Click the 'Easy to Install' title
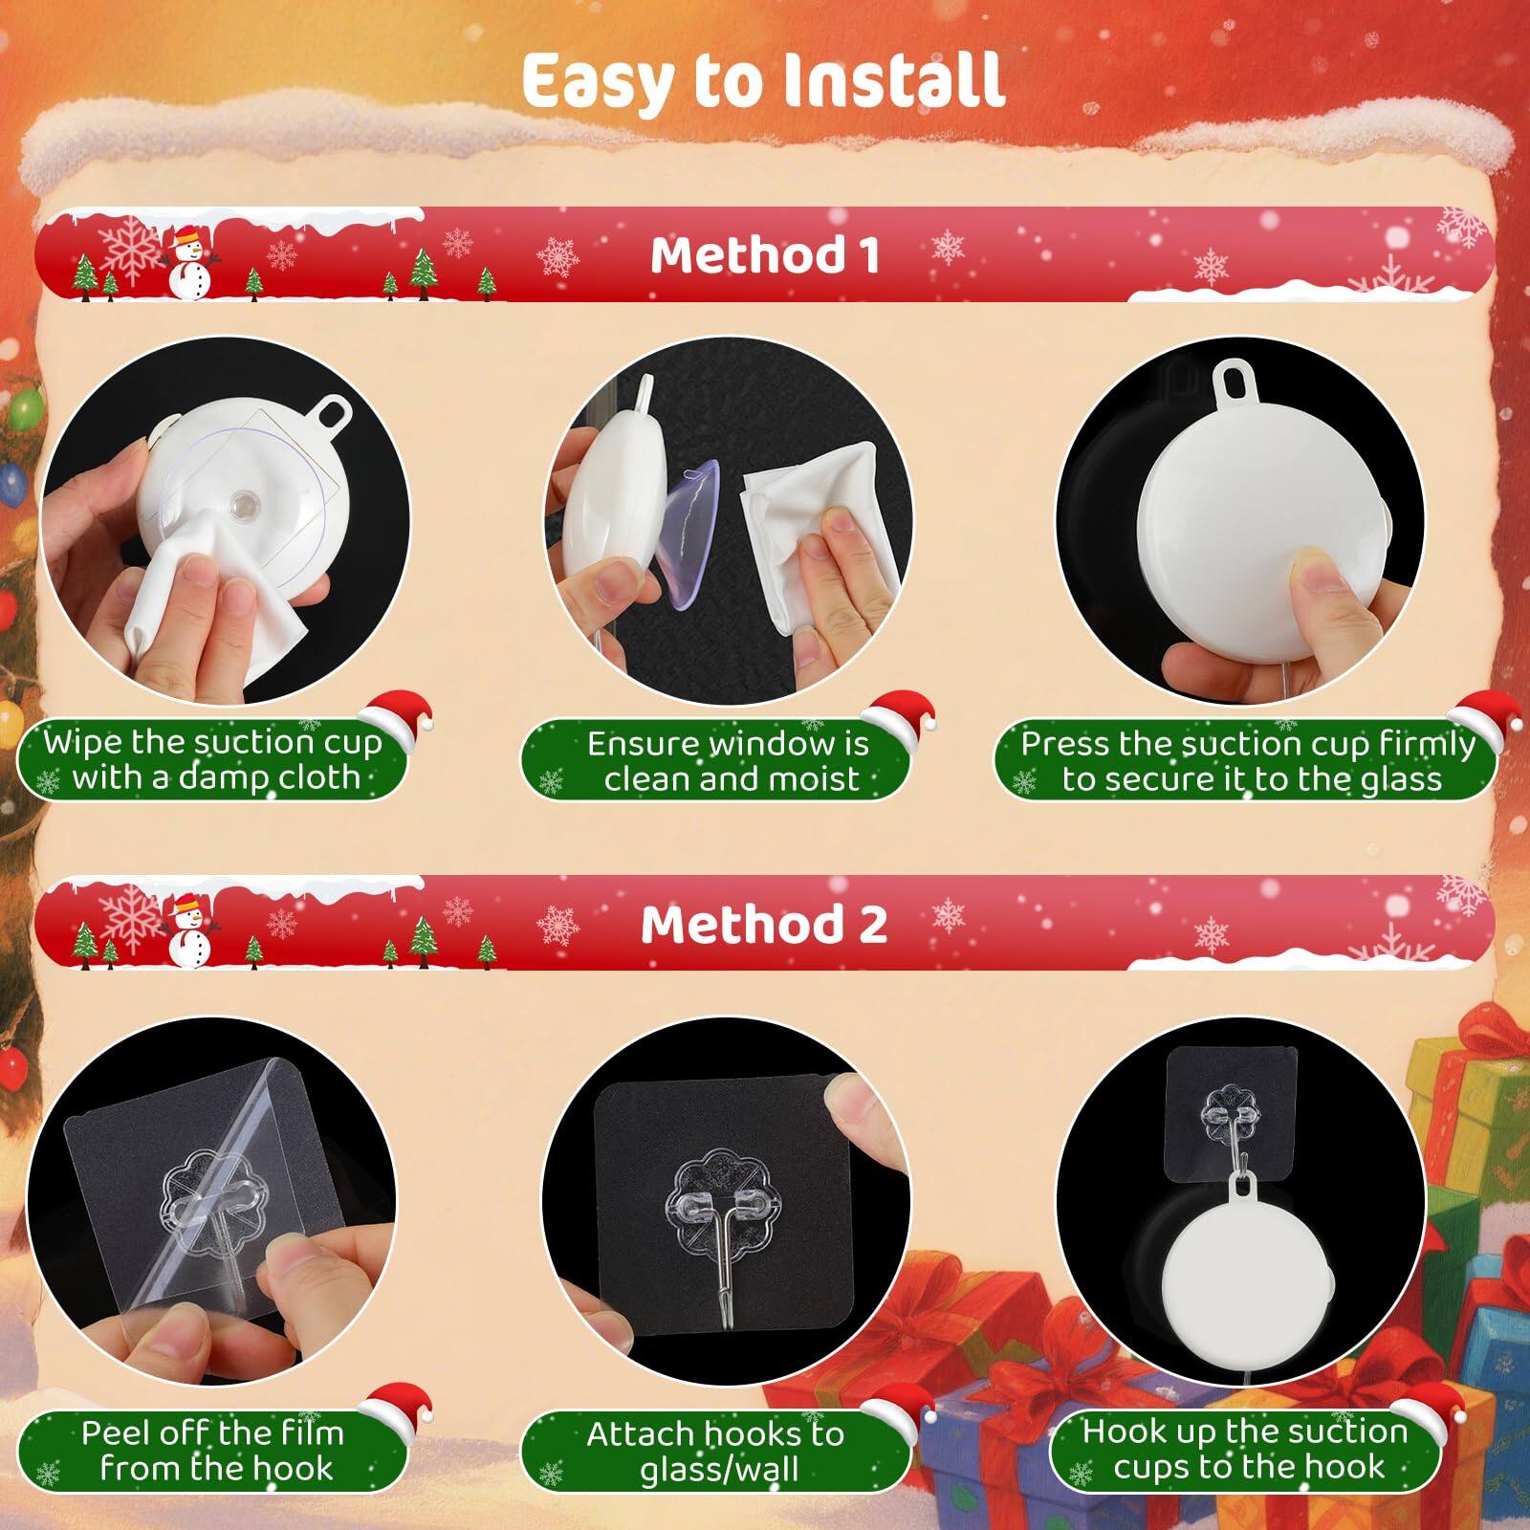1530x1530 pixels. coord(763,80)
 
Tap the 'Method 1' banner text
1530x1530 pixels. coord(765,255)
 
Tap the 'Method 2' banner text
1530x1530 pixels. coord(765,925)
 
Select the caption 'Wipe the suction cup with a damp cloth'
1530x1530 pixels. coord(212,760)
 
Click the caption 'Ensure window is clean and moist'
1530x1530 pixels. coord(730,761)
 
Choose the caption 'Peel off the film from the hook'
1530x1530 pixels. coord(212,1450)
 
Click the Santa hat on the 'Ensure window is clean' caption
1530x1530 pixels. coord(897,712)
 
